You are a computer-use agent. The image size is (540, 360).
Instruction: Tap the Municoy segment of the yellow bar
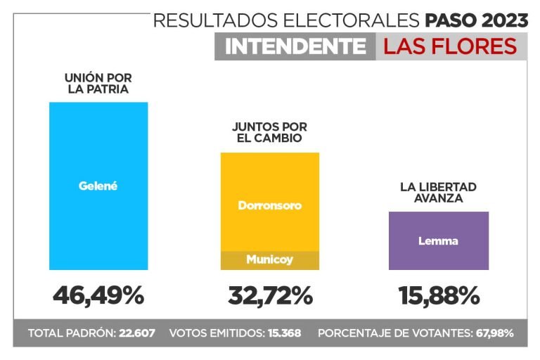click(269, 260)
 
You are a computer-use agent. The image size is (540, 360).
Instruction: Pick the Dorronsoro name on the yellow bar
click(269, 206)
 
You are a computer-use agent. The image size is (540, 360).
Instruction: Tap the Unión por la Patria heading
click(98, 84)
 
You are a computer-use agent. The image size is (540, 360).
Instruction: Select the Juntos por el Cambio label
click(269, 132)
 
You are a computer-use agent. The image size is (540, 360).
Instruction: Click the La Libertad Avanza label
click(438, 192)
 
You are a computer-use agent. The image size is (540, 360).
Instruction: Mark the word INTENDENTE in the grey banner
click(295, 47)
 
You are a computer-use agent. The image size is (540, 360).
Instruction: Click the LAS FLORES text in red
click(450, 47)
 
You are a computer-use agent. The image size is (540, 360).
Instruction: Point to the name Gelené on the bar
click(98, 186)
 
